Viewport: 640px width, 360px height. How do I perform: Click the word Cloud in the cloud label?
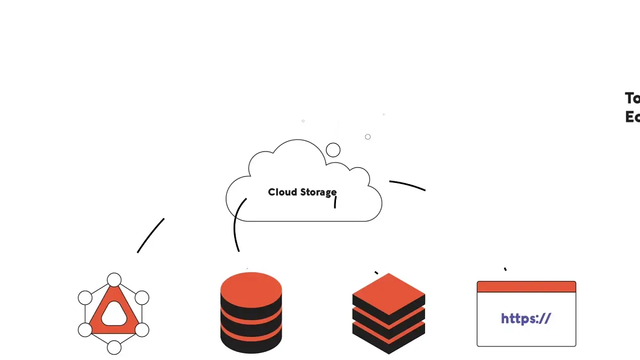(283, 192)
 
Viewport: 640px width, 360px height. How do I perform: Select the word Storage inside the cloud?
(318, 193)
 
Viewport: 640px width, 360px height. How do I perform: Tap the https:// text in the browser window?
(525, 318)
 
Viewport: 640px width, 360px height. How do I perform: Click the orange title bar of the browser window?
(526, 287)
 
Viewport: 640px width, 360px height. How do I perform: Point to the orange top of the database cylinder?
(251, 289)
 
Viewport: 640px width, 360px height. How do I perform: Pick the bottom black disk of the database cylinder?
(251, 344)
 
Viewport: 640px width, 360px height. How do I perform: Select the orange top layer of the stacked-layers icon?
(389, 294)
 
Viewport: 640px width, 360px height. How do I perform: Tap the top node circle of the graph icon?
(114, 280)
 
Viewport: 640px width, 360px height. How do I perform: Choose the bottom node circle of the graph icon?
(114, 348)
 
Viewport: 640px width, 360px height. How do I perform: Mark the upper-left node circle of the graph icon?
(85, 298)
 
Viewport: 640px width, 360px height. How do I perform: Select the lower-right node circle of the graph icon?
(142, 330)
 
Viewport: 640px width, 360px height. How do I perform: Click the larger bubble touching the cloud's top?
(333, 150)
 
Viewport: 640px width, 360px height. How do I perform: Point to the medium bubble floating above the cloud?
(367, 137)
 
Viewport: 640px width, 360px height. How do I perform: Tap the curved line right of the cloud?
(408, 185)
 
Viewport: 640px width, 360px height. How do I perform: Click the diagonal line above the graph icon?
(150, 235)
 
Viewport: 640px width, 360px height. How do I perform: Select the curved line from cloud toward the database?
(236, 224)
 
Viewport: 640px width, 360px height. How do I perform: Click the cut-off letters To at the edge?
(632, 98)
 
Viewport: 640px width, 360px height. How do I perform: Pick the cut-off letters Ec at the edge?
(632, 117)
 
